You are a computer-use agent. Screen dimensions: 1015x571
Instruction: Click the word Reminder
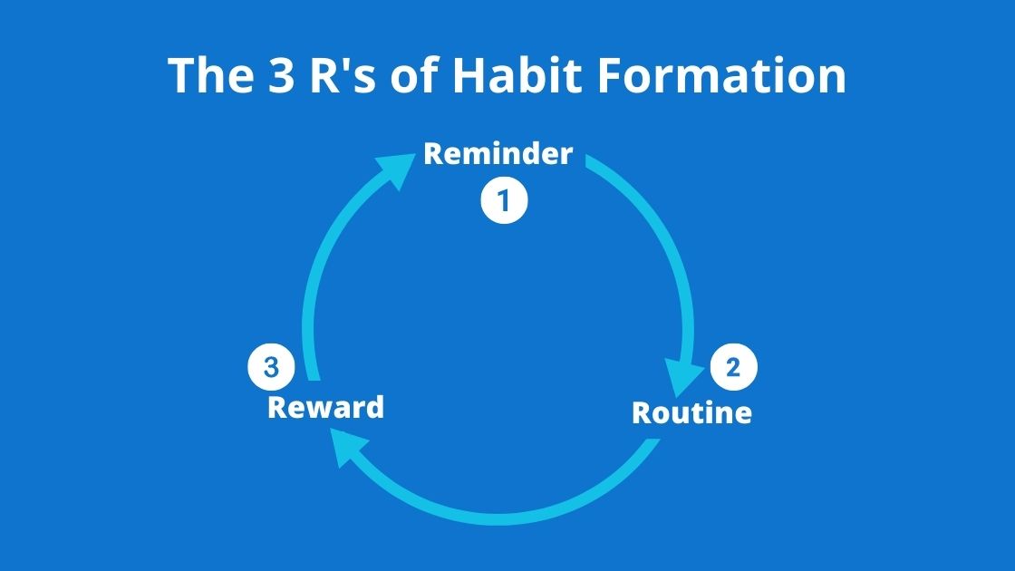pyautogui.click(x=498, y=154)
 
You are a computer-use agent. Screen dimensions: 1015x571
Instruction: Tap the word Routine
pyautogui.click(x=691, y=413)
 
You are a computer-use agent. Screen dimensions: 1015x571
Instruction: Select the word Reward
pyautogui.click(x=325, y=408)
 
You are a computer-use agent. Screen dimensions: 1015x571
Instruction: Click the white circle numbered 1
pyautogui.click(x=504, y=200)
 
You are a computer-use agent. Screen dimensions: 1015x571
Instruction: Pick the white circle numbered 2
pyautogui.click(x=733, y=367)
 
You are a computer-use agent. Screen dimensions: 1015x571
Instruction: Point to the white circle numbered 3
pyautogui.click(x=271, y=367)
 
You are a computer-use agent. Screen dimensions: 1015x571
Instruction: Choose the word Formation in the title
pyautogui.click(x=721, y=74)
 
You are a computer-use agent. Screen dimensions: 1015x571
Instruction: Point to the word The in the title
pyautogui.click(x=210, y=74)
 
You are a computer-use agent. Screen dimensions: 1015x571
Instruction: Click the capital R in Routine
pyautogui.click(x=642, y=413)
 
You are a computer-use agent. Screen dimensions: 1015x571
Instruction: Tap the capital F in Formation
pyautogui.click(x=609, y=76)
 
